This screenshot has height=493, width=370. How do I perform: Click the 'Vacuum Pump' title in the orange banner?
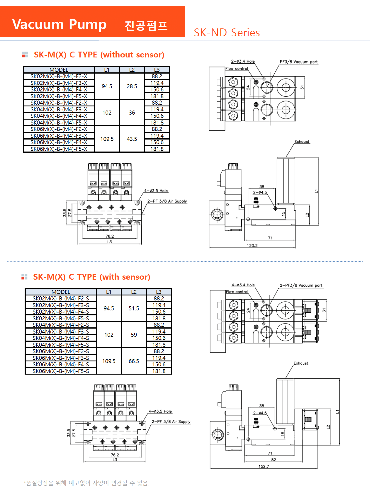pyautogui.click(x=59, y=24)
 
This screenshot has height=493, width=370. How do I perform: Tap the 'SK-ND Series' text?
pyautogui.click(x=227, y=33)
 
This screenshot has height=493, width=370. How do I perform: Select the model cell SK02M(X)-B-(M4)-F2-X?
pyautogui.click(x=59, y=76)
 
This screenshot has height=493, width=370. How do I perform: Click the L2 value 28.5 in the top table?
pyautogui.click(x=132, y=86)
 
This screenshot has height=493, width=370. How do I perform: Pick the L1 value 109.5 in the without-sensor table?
pyautogui.click(x=107, y=139)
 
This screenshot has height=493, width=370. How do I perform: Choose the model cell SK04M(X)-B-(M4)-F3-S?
pyautogui.click(x=61, y=331)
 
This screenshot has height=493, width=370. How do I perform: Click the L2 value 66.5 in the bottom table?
pyautogui.click(x=134, y=361)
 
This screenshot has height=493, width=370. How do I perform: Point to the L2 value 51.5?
pyautogui.click(x=134, y=308)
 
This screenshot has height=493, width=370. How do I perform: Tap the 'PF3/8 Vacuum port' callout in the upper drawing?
pyautogui.click(x=298, y=62)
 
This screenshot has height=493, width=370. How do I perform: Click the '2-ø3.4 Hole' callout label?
pyautogui.click(x=243, y=61)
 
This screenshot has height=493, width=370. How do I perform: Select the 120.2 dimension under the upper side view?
pyautogui.click(x=252, y=246)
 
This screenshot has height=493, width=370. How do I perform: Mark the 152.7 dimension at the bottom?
pyautogui.click(x=264, y=466)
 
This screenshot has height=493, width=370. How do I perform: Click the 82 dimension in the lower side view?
pyautogui.click(x=273, y=460)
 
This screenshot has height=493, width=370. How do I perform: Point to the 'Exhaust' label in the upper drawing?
pyautogui.click(x=302, y=142)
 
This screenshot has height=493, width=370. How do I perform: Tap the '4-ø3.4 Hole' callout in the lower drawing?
pyautogui.click(x=243, y=285)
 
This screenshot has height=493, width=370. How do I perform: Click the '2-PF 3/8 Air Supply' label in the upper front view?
pyautogui.click(x=167, y=201)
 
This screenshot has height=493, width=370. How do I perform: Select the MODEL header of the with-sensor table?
pyautogui.click(x=61, y=292)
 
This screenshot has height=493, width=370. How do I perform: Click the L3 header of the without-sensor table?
pyautogui.click(x=157, y=70)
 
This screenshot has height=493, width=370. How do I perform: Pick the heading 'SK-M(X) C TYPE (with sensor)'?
pyautogui.click(x=91, y=277)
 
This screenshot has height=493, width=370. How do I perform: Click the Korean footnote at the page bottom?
pyautogui.click(x=86, y=483)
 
